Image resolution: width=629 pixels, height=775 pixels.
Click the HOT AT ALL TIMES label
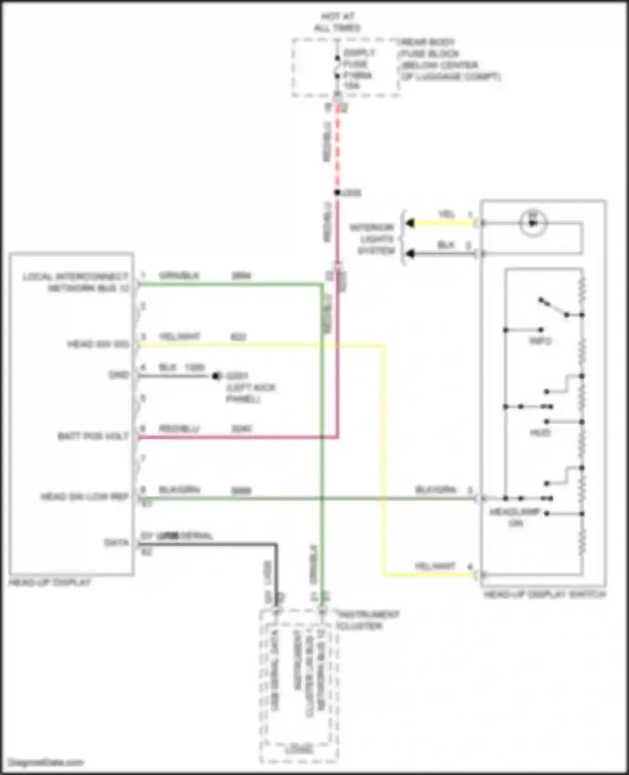[x=338, y=22]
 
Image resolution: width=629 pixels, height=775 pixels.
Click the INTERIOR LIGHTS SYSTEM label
[x=372, y=239]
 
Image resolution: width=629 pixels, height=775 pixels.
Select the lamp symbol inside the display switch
[x=533, y=223]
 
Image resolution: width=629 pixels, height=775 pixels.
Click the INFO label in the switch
[x=540, y=341]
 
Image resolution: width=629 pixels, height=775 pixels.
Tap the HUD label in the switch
[x=540, y=432]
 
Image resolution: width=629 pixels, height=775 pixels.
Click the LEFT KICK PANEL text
[x=250, y=393]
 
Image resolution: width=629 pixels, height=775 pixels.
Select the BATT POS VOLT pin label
[x=93, y=436]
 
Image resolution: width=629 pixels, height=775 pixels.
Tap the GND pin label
[x=119, y=374]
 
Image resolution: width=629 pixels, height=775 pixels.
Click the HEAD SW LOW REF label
[x=85, y=497]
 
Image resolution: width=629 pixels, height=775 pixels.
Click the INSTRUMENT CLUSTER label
[x=368, y=620]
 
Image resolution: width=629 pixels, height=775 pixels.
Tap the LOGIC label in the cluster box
[x=299, y=749]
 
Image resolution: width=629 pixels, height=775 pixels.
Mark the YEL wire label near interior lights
[x=446, y=215]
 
